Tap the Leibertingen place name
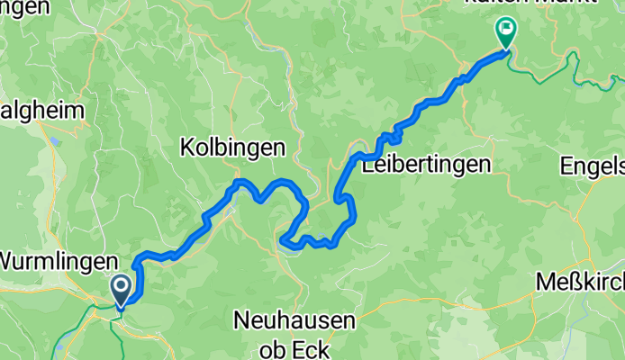click(426, 165)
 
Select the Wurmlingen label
click(58, 262)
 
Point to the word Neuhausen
click(294, 319)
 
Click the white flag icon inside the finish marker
click(504, 29)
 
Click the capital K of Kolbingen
click(187, 148)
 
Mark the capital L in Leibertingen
click(367, 165)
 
